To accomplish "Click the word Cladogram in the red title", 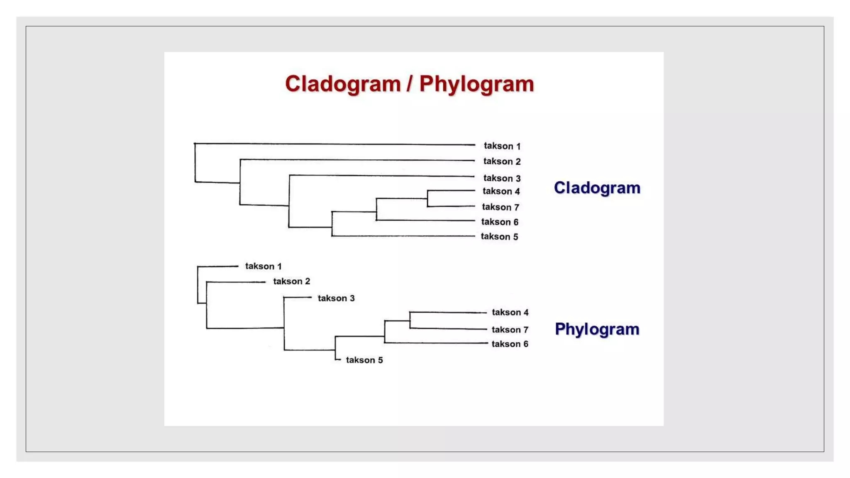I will click(x=343, y=85).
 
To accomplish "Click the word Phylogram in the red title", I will click(x=476, y=85).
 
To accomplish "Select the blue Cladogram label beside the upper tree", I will click(x=597, y=188).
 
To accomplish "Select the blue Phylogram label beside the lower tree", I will click(x=597, y=329).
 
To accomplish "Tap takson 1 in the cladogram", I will click(x=502, y=146).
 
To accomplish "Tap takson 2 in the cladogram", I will click(x=502, y=161).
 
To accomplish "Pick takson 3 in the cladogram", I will click(x=502, y=178).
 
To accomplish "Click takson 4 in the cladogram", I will click(x=501, y=191).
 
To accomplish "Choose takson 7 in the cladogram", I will click(x=501, y=207).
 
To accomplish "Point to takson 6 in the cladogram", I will click(x=500, y=222).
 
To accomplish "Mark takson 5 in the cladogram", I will click(x=499, y=237).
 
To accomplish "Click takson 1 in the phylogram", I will click(x=263, y=266).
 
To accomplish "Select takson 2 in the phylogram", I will click(x=291, y=281).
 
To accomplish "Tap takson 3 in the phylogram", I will click(x=336, y=298).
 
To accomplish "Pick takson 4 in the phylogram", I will click(x=510, y=312).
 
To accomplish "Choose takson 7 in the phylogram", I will click(x=510, y=330).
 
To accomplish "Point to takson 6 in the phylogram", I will click(x=510, y=344).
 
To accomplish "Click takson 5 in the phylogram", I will click(x=364, y=360).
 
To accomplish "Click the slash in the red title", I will click(x=410, y=84).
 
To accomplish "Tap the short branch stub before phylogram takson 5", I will click(x=338, y=359).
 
